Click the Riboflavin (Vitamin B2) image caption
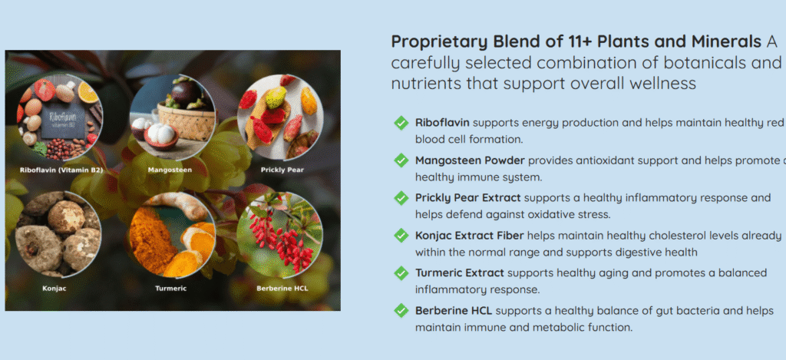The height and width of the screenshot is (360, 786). (x=61, y=170)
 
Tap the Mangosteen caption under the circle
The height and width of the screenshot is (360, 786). (x=170, y=170)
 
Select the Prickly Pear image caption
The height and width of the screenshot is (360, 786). (x=282, y=170)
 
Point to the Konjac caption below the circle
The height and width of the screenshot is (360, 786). (x=54, y=289)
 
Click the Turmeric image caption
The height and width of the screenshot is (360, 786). (x=171, y=289)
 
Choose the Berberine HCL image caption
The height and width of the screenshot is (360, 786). (x=282, y=289)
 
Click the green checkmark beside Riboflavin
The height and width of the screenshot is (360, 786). (x=401, y=123)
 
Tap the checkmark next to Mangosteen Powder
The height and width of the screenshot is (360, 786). (x=401, y=160)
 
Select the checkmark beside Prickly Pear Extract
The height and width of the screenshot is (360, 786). (x=401, y=198)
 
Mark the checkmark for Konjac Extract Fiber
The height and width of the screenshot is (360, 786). (x=401, y=235)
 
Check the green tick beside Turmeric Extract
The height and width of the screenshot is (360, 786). (x=401, y=272)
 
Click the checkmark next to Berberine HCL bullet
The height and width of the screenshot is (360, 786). (x=401, y=310)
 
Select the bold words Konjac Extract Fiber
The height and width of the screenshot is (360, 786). (x=470, y=236)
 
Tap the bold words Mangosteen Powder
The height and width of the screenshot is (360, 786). (x=470, y=161)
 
